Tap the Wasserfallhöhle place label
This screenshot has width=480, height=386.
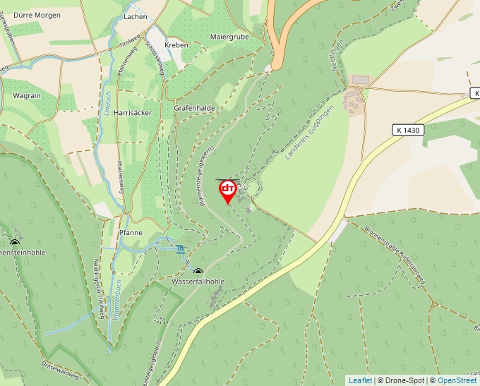coord(198,282)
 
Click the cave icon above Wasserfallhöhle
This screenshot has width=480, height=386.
coord(198,272)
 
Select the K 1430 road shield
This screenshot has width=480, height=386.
coord(409,130)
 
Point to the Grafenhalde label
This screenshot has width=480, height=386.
coord(194,108)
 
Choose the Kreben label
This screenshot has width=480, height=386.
coord(176,44)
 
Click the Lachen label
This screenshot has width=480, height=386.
coord(135,16)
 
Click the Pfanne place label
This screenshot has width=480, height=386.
coord(131,232)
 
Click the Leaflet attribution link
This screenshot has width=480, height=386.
coord(360,380)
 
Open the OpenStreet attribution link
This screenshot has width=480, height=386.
coord(457,380)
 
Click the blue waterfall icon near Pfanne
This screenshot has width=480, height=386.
coord(181,248)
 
